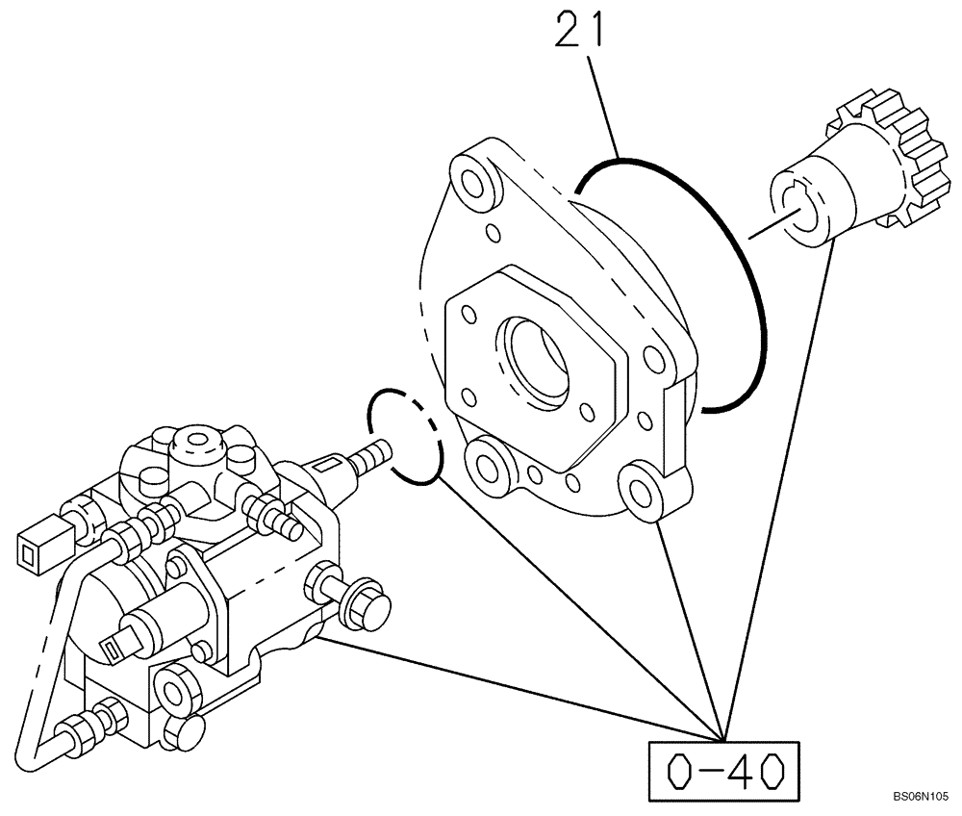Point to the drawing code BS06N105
coord(920,797)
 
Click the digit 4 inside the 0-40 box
coord(738,770)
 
